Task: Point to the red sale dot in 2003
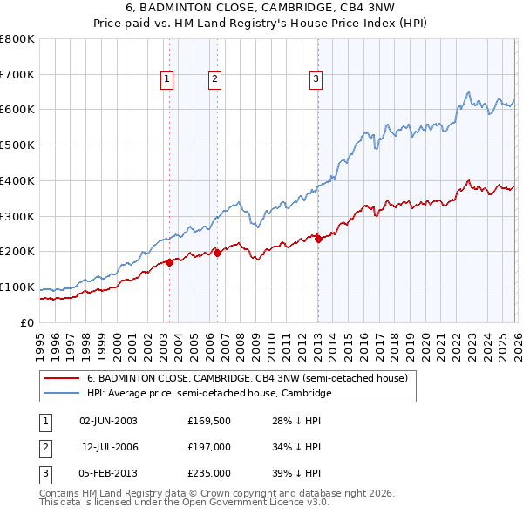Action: (x=169, y=262)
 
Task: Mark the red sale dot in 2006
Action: (x=217, y=253)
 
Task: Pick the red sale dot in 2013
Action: (x=318, y=239)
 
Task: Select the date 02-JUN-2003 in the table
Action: (x=108, y=421)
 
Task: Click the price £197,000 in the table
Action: (x=209, y=447)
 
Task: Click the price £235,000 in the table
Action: (x=209, y=473)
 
